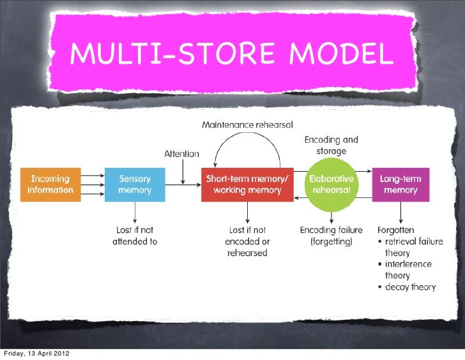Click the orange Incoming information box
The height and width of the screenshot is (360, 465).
[50, 184]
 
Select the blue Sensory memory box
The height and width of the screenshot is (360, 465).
[135, 184]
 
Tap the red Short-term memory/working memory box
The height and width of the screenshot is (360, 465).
[247, 184]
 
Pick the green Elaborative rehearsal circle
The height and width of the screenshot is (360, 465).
[331, 184]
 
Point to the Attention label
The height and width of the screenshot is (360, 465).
[182, 154]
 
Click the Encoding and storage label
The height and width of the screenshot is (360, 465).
[331, 145]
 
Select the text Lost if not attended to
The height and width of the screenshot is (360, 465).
[135, 236]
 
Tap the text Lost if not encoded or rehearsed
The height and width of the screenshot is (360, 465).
[247, 241]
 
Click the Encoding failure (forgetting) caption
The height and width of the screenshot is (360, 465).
[331, 236]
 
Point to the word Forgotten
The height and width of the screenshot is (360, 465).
[396, 230]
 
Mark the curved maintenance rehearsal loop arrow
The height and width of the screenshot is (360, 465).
[247, 142]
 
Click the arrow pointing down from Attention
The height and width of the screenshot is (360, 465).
[183, 172]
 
